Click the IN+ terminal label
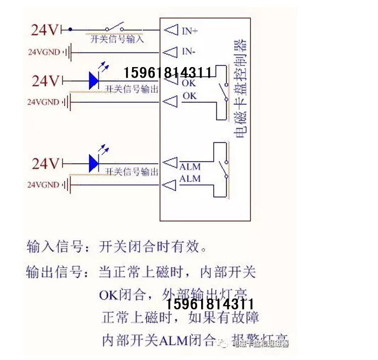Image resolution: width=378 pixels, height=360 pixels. (x=190, y=31)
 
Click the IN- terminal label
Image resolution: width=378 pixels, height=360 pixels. (x=188, y=51)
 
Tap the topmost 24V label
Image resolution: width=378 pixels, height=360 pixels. (x=45, y=30)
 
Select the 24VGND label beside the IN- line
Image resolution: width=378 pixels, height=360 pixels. (x=43, y=51)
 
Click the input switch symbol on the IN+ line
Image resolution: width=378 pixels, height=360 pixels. (x=114, y=27)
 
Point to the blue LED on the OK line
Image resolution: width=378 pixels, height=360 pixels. (x=94, y=80)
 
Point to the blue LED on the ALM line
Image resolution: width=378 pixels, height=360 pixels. (x=94, y=163)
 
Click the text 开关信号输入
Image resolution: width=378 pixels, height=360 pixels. (x=117, y=39)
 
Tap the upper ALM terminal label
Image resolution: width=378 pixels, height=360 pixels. (x=190, y=167)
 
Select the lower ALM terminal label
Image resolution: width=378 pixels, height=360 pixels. (x=190, y=179)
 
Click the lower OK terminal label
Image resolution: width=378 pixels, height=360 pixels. (x=190, y=96)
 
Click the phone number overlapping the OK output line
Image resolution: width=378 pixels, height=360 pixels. (x=167, y=74)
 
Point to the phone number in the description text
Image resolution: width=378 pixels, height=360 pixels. (x=210, y=305)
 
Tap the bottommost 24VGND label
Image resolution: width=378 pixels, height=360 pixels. (x=43, y=185)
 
